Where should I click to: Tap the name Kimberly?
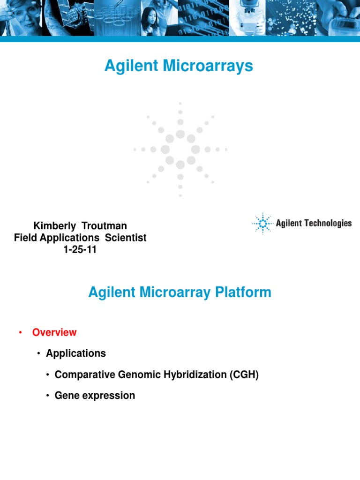click(x=54, y=226)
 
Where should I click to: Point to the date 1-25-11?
click(x=80, y=249)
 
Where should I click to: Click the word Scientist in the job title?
click(x=126, y=238)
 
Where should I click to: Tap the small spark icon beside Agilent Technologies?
click(x=262, y=224)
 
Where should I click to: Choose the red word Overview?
click(x=54, y=332)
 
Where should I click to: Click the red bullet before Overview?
click(x=20, y=333)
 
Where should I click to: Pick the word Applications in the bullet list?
click(x=76, y=353)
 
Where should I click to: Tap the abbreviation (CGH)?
click(x=243, y=375)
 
